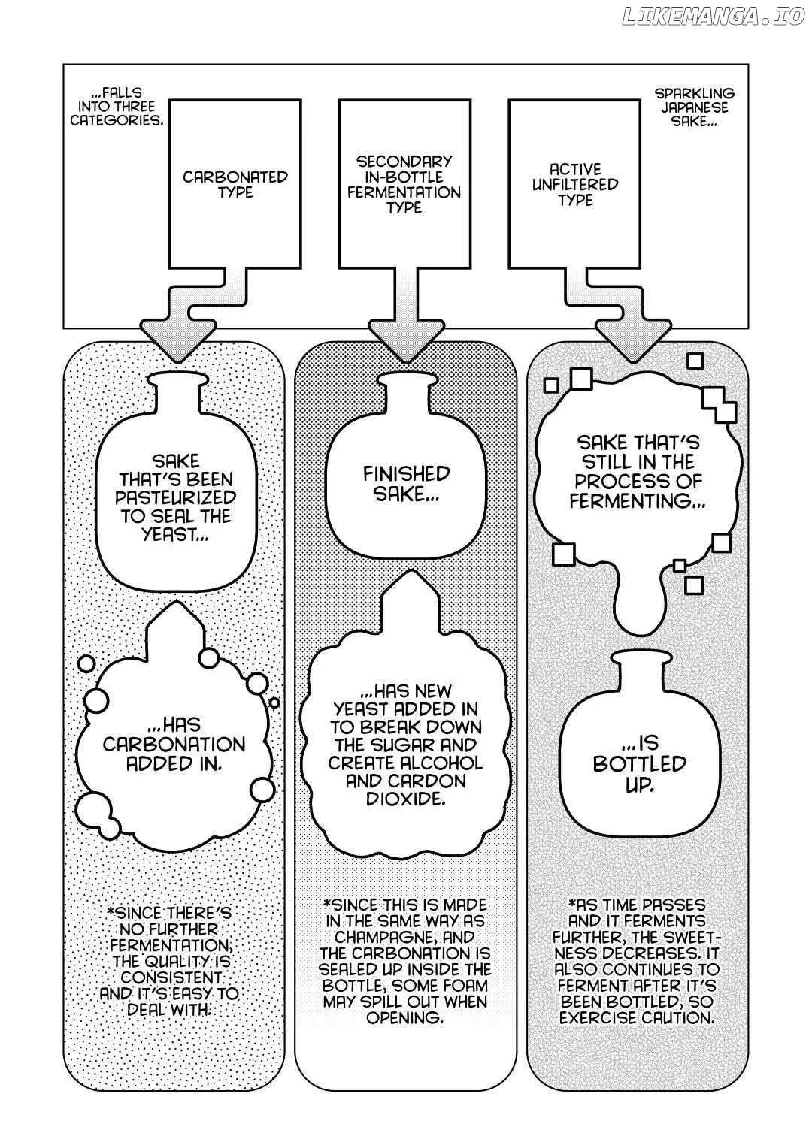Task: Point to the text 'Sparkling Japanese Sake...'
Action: pyautogui.click(x=694, y=107)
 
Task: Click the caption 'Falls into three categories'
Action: pyautogui.click(x=117, y=107)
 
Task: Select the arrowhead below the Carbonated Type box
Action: pyautogui.click(x=178, y=340)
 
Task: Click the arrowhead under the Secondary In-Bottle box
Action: pyautogui.click(x=406, y=340)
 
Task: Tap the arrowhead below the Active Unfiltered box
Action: pyautogui.click(x=633, y=340)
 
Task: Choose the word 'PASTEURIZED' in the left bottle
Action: pyautogui.click(x=176, y=497)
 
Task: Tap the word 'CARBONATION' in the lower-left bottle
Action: pyautogui.click(x=174, y=744)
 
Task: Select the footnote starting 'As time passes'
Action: pyautogui.click(x=637, y=958)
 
